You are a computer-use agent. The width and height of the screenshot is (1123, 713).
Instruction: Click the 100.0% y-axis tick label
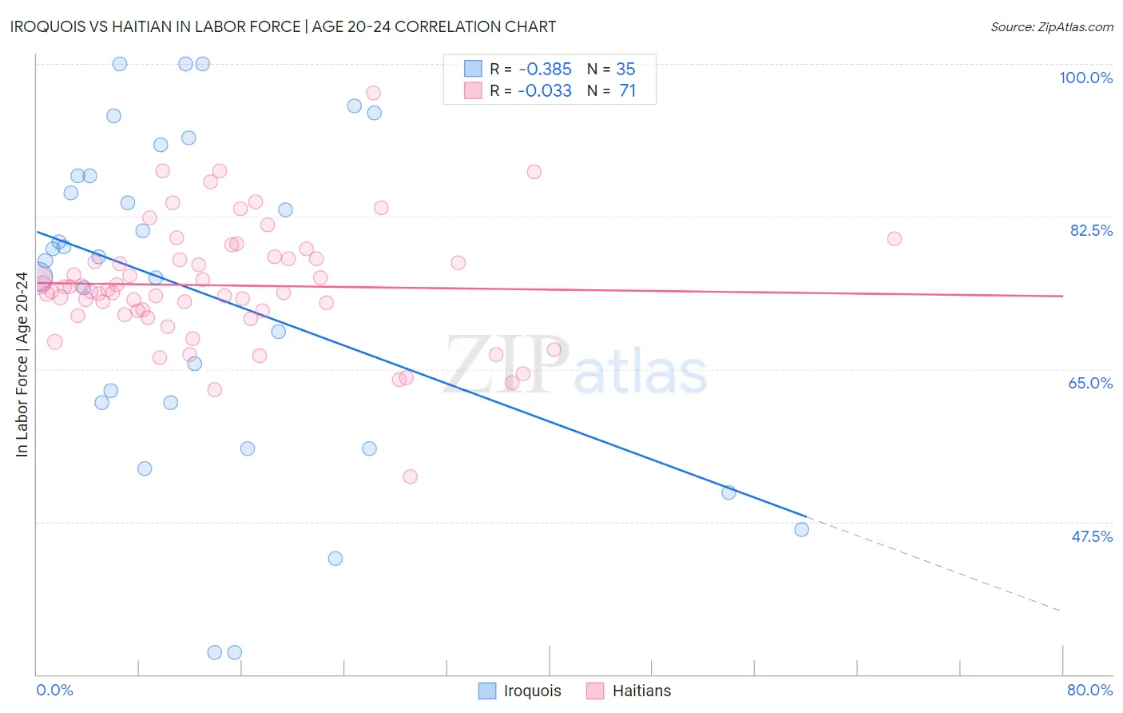pyautogui.click(x=1085, y=78)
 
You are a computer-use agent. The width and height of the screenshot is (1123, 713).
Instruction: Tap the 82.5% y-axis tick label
pyautogui.click(x=1091, y=230)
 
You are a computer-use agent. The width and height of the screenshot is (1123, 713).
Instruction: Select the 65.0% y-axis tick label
pyautogui.click(x=1090, y=383)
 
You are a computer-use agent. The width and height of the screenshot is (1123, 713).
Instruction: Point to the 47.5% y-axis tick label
pyautogui.click(x=1091, y=536)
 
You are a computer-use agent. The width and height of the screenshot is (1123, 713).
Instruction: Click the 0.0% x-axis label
pyautogui.click(x=54, y=690)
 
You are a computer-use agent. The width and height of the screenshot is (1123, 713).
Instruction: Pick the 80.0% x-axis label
pyautogui.click(x=1089, y=690)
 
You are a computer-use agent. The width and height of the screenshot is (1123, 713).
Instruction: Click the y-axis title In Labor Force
pyautogui.click(x=22, y=364)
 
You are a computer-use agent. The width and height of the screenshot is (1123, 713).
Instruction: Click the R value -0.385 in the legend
pyautogui.click(x=544, y=69)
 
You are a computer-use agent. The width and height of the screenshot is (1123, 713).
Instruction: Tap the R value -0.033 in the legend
pyautogui.click(x=544, y=90)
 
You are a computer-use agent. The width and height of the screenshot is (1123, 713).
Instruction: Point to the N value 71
pyautogui.click(x=627, y=90)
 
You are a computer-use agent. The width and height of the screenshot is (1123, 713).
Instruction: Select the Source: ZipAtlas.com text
pyautogui.click(x=1051, y=26)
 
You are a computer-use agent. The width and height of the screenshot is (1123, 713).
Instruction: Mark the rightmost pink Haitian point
pyautogui.click(x=895, y=239)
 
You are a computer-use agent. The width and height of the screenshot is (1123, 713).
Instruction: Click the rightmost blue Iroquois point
pyautogui.click(x=802, y=529)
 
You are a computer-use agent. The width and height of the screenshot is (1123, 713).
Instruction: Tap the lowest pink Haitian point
pyautogui.click(x=411, y=476)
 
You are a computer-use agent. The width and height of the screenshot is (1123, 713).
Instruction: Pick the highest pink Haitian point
pyautogui.click(x=373, y=93)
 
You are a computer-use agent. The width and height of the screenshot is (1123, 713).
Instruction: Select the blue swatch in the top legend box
pyautogui.click(x=473, y=69)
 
